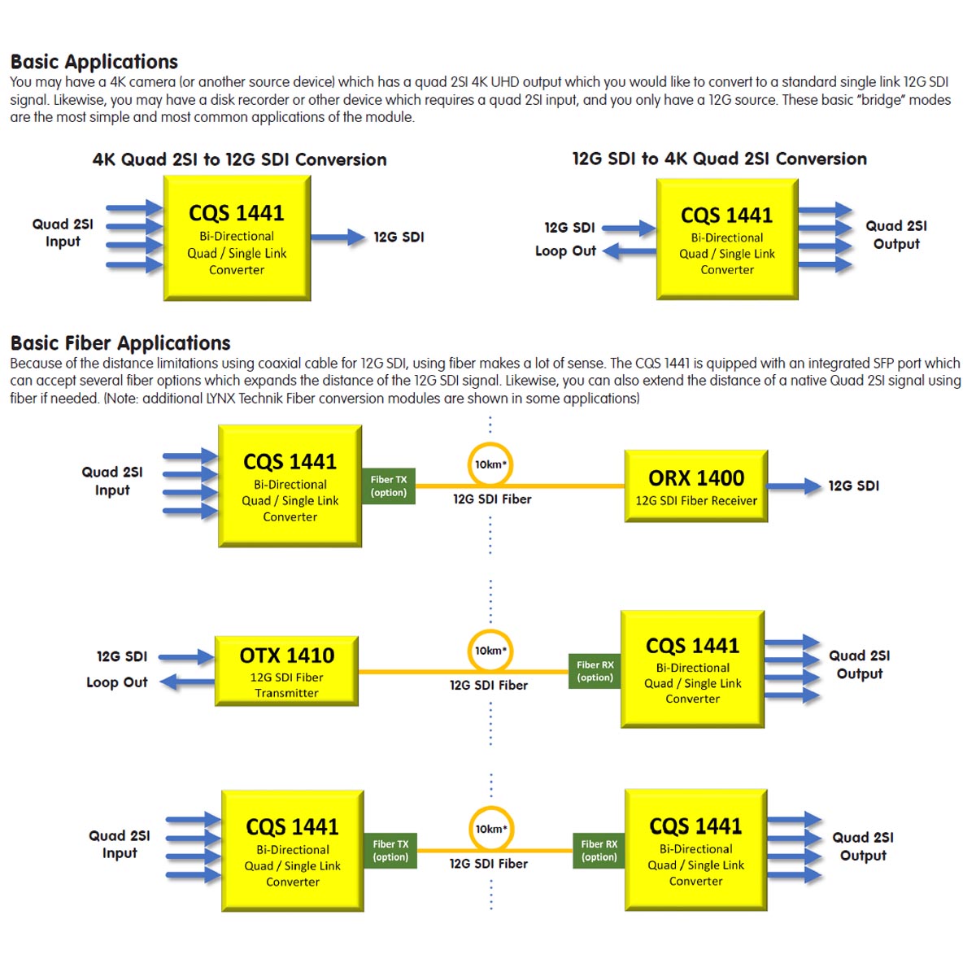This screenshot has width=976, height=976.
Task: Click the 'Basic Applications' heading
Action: tap(94, 62)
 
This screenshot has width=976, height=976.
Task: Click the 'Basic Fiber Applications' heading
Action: tap(120, 343)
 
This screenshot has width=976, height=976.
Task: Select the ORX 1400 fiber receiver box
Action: tap(696, 486)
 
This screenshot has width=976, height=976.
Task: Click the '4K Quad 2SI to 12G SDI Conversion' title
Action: tap(239, 159)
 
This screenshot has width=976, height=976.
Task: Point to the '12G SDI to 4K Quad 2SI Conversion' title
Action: tap(719, 159)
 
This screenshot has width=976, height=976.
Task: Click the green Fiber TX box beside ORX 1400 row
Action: tap(389, 486)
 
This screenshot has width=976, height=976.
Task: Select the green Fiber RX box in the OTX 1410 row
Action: tap(595, 671)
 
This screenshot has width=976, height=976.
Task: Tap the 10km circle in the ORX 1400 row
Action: tap(490, 464)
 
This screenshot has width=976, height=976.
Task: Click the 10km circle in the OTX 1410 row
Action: tap(490, 651)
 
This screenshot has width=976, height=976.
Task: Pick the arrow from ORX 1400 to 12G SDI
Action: tap(794, 486)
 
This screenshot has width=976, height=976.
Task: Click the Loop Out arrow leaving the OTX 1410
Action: tap(187, 682)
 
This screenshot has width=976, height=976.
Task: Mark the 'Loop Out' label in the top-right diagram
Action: tap(565, 251)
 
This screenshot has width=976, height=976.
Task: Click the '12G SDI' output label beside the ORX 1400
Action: tap(853, 486)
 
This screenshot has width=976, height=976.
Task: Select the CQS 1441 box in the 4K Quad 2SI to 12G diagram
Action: tap(237, 238)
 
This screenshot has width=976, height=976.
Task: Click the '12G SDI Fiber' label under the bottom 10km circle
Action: tap(489, 864)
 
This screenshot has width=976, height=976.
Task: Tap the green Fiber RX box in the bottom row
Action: tap(599, 850)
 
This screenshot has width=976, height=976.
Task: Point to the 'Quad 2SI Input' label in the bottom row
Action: tap(120, 844)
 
